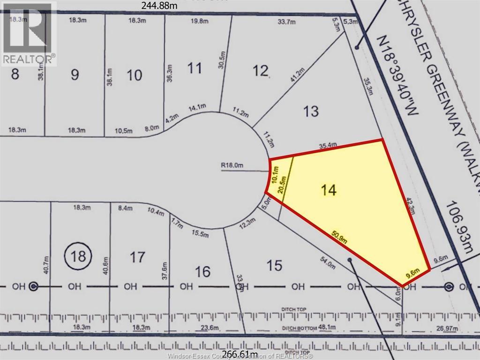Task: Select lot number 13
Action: [311, 112]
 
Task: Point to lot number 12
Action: [261, 71]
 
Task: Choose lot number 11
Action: [195, 68]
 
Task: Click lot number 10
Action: [135, 75]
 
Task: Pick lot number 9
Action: [75, 75]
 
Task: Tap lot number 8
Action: [15, 74]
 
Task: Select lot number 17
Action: [137, 257]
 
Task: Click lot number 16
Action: [202, 272]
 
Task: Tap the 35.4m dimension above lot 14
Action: [328, 146]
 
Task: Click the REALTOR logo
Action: [28, 33]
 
